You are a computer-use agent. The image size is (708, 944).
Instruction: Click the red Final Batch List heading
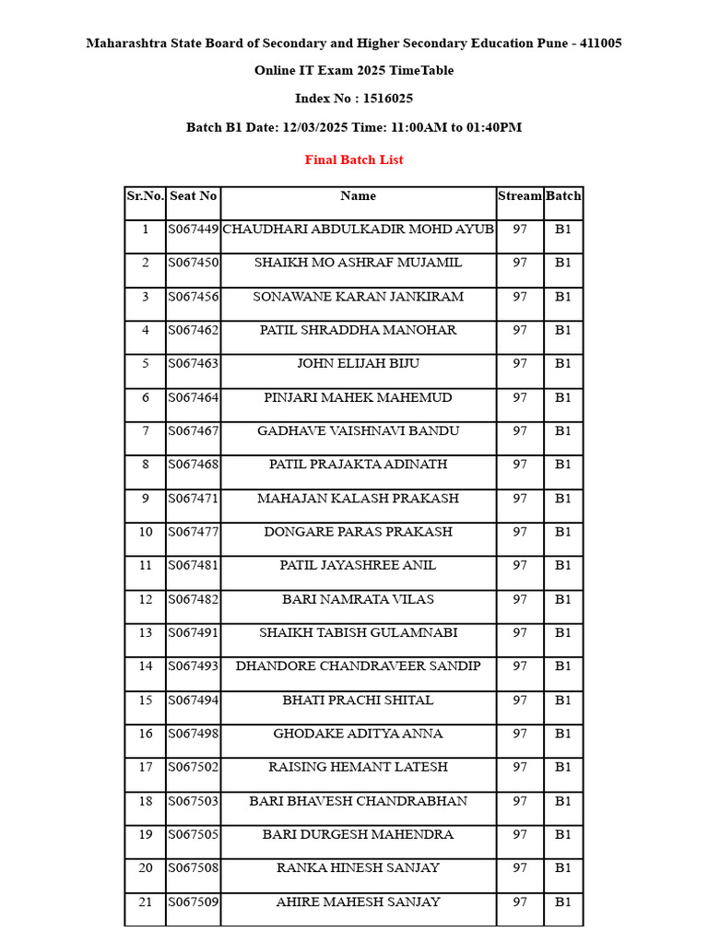(354, 159)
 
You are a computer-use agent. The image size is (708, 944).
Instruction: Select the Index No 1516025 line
(354, 99)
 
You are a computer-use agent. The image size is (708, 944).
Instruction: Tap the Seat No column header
(193, 195)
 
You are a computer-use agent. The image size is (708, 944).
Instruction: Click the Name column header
(358, 195)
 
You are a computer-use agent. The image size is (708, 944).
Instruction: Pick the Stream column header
(520, 195)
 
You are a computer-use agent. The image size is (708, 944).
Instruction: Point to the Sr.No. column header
(145, 195)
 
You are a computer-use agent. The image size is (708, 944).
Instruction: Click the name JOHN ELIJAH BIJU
(358, 363)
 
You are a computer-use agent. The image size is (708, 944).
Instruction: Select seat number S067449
(193, 229)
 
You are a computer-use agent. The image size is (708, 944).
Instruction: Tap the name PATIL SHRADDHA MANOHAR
(358, 330)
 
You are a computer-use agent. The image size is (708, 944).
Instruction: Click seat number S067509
(193, 902)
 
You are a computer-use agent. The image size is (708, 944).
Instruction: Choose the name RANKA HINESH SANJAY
(358, 867)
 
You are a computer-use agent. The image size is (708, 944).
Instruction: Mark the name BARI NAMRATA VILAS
(358, 599)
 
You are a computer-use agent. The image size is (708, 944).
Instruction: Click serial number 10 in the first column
(145, 532)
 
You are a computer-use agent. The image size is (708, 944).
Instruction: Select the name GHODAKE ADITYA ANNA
(358, 734)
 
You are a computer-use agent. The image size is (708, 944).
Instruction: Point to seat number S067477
(193, 532)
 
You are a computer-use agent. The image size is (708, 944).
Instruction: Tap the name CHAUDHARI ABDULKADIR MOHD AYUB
(358, 229)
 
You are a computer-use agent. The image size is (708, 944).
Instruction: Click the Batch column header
(563, 195)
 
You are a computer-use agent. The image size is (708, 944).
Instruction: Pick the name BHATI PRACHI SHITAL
(358, 700)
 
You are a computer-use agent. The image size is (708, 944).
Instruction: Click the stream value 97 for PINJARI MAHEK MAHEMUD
(520, 397)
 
